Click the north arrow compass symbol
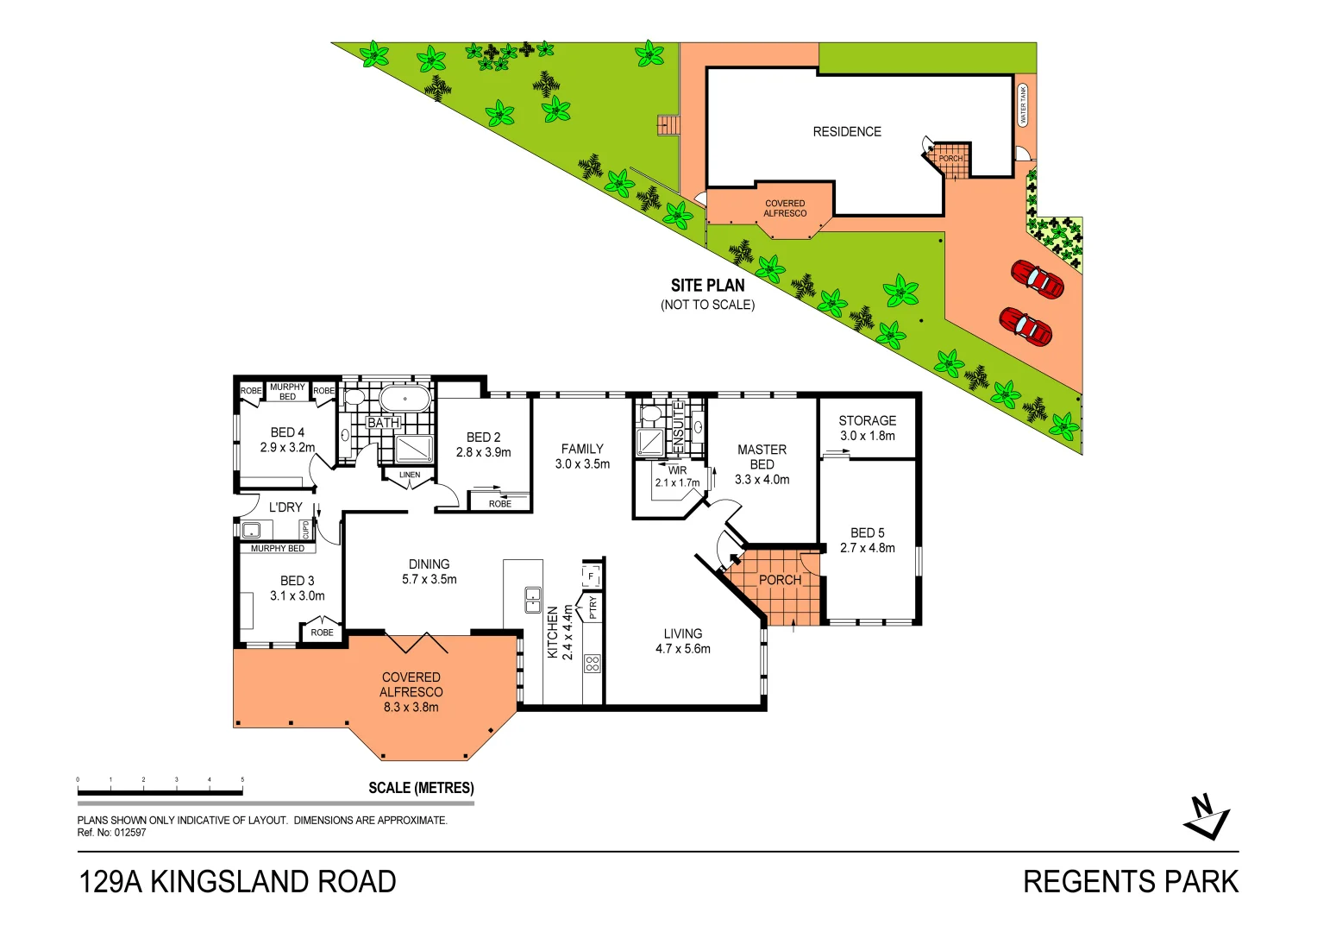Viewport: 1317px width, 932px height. (1207, 817)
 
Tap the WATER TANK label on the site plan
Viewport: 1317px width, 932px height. (1023, 104)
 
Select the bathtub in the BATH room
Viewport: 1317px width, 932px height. (405, 399)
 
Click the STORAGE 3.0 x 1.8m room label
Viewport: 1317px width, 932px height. (868, 428)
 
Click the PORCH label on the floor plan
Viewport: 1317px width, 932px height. (781, 580)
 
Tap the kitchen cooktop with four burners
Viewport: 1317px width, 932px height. (592, 664)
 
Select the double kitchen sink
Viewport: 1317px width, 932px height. (533, 600)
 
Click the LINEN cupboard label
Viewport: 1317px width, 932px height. (410, 475)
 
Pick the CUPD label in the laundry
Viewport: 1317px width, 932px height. (305, 530)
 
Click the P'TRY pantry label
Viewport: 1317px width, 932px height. (593, 608)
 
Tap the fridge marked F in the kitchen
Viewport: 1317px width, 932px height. (592, 576)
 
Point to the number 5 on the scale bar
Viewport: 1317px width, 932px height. (242, 779)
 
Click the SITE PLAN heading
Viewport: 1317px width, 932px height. (708, 286)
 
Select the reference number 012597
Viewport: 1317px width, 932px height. (130, 833)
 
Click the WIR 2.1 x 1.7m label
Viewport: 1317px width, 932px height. (678, 477)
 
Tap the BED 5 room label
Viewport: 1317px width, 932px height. (868, 540)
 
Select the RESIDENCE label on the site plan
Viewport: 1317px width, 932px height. (847, 132)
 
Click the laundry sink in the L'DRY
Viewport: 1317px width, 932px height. (251, 530)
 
